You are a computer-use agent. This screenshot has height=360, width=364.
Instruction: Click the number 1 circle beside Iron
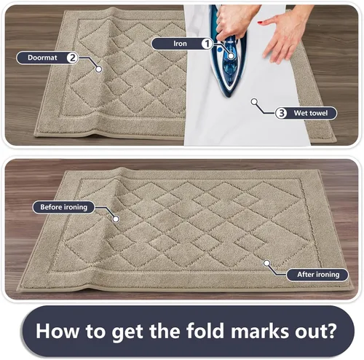(207, 44)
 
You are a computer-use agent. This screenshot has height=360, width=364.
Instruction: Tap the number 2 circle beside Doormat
(72, 58)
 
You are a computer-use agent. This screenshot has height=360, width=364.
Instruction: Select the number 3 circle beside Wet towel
(281, 113)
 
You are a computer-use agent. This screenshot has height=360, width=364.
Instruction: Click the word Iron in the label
(180, 44)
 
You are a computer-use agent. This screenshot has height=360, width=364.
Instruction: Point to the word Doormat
(42, 58)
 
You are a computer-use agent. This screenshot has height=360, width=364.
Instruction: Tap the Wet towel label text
(311, 113)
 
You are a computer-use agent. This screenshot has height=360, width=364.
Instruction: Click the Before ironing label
(64, 207)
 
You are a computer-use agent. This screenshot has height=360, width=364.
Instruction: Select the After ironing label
(317, 275)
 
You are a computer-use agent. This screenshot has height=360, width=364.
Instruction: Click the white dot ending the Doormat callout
(98, 69)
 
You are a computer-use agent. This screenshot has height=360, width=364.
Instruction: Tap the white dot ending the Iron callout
(231, 56)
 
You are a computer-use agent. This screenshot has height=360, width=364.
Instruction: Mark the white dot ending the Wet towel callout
(254, 101)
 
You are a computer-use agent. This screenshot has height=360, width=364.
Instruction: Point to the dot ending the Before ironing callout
(116, 219)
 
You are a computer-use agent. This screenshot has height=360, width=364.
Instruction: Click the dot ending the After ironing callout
(267, 263)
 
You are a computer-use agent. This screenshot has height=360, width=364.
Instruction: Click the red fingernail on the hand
(260, 23)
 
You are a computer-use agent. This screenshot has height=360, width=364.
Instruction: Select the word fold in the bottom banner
(205, 331)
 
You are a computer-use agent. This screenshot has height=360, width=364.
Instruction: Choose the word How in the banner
(58, 331)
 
